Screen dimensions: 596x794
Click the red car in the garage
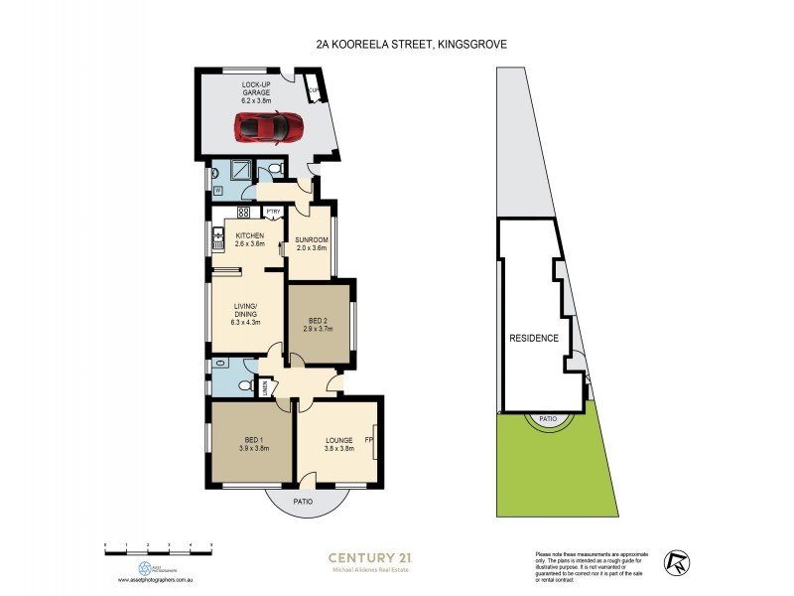pos(268,127)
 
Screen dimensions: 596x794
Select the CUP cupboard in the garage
pos(314,94)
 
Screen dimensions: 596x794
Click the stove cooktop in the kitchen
pos(243,212)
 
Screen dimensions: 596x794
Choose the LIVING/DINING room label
pos(244,309)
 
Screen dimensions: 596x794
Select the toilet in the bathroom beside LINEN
pos(244,385)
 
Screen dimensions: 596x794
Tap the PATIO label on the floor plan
pos(303,503)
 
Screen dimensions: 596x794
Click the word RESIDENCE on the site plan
pos(534,339)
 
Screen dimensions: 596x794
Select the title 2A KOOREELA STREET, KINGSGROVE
pos(398,44)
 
